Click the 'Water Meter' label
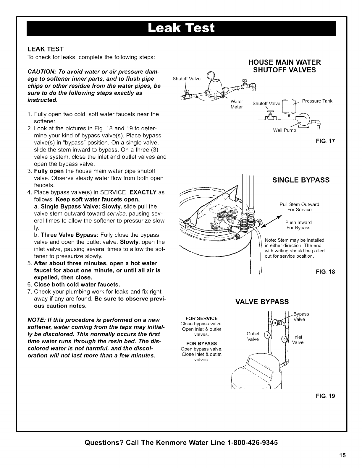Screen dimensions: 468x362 237,104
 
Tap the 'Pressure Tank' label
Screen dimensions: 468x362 317,101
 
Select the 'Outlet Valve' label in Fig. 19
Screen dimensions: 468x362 253,337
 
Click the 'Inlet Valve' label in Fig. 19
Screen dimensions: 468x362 298,339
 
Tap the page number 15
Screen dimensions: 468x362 342,455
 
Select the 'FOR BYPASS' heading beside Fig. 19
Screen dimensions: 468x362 201,344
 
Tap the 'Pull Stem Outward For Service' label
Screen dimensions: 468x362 299,207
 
